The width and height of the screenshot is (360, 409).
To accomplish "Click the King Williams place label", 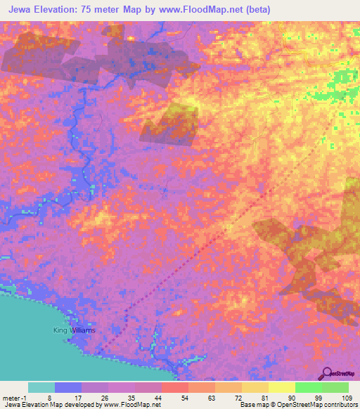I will click(74, 330).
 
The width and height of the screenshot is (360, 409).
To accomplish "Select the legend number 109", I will click(348, 398).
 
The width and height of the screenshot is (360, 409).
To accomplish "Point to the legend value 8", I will click(56, 398).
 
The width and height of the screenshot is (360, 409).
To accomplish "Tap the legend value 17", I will click(82, 398).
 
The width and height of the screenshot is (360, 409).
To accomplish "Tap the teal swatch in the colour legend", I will click(41, 387).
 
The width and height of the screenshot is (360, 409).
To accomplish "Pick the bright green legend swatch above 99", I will click(307, 387).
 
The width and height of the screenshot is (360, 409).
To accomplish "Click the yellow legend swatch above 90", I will click(281, 387).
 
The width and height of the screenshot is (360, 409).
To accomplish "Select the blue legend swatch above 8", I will click(68, 387).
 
